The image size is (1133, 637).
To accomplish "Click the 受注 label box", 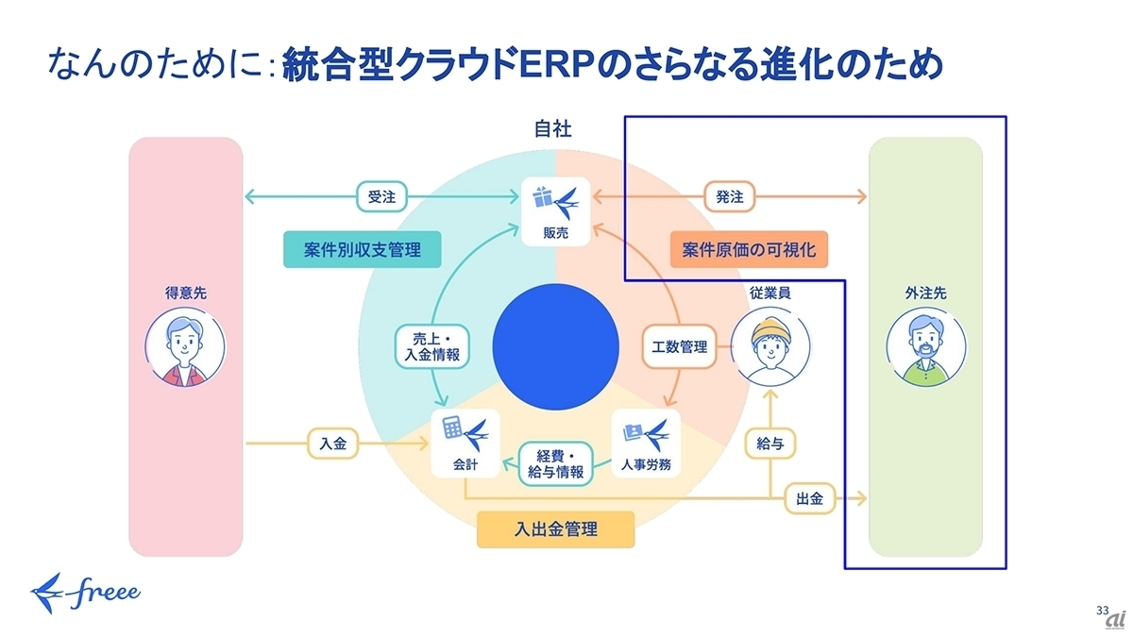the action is pos(381,196).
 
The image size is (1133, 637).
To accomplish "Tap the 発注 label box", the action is pos(729,196).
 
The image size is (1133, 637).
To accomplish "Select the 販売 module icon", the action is pos(556,211).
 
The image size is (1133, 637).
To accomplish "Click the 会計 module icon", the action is pos(465,444).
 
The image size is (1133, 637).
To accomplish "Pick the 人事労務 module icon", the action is pos(646,444).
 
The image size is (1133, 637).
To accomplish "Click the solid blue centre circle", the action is pos(555,347).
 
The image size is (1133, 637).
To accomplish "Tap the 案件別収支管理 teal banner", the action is pos(363,249).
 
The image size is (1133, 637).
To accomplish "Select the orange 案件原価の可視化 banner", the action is pos(749,249).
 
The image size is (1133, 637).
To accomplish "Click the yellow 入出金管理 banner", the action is pos(556,529).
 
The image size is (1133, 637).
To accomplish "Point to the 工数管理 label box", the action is pos(679,347).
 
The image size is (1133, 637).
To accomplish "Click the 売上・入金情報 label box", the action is pos(432,347).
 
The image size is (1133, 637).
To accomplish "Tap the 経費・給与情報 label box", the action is pos(555,464).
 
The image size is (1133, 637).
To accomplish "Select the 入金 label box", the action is pos(332,444).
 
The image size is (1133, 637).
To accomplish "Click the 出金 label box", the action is pos(809,498).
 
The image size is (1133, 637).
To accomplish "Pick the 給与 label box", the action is pos(769,444).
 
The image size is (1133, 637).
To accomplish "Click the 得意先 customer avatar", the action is pos(185,347).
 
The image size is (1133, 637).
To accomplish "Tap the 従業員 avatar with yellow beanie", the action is pos(770,347).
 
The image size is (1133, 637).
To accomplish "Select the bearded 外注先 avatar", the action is pos(925,347).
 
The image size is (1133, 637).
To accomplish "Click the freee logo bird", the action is pos(47,593).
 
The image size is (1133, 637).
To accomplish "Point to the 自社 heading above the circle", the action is pos(553,129).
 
